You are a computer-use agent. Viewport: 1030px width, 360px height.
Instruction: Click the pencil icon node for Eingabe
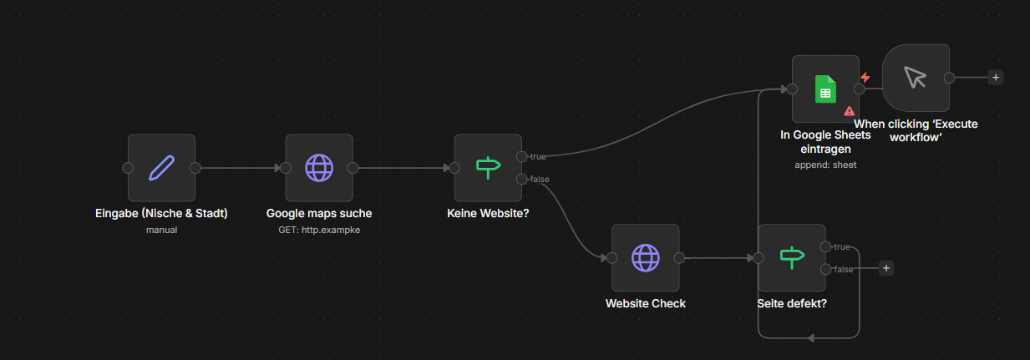[161, 168]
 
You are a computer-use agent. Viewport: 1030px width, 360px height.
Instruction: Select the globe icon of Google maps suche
[318, 168]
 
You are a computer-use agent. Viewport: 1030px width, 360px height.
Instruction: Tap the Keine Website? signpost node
[488, 168]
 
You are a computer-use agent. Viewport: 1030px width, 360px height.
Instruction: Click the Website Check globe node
[645, 258]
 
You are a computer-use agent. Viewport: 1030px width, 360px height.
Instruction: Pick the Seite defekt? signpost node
[791, 258]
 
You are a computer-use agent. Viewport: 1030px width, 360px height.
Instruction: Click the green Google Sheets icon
[825, 89]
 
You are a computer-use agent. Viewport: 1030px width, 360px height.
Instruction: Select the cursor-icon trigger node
[916, 78]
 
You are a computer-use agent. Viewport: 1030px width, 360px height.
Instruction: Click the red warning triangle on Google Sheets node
[849, 110]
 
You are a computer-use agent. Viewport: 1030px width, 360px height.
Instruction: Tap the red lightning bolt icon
[865, 78]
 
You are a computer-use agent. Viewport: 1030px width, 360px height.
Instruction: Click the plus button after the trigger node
[995, 78]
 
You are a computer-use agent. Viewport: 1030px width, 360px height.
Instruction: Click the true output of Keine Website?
[522, 156]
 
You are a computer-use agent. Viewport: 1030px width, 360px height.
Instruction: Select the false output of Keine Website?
[522, 179]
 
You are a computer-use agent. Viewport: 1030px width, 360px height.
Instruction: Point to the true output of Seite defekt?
[826, 246]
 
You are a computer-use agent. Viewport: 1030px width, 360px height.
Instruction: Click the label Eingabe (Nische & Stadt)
[161, 213]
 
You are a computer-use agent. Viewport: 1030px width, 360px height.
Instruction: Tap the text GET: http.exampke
[318, 229]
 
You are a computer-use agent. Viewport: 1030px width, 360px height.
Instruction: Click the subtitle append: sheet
[825, 165]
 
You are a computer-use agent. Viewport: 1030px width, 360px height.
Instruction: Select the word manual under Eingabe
[161, 229]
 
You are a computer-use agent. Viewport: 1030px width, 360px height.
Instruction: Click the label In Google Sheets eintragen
[825, 142]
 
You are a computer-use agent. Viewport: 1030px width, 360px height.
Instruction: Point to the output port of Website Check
[679, 258]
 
